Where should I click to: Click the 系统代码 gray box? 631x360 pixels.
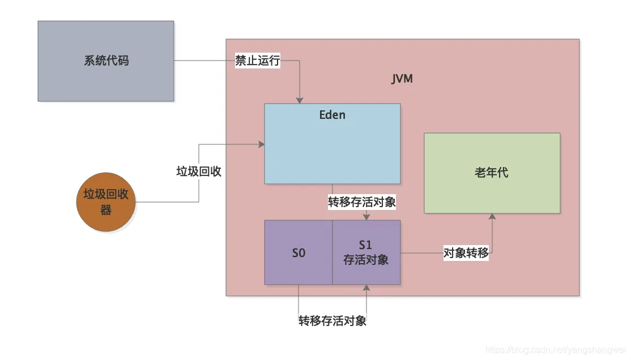(106, 61)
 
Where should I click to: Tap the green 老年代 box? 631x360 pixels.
(492, 173)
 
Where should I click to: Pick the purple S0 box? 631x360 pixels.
(299, 253)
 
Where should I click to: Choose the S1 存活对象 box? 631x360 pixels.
(366, 252)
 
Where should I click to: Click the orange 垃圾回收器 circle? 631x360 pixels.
(106, 203)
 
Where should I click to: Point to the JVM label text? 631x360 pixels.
(402, 79)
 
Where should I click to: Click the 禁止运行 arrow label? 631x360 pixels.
(258, 61)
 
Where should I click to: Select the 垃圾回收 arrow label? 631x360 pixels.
(199, 172)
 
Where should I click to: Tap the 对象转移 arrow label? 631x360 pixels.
(466, 253)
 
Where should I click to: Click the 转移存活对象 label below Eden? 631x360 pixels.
(362, 202)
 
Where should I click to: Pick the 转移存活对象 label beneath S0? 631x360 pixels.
(332, 321)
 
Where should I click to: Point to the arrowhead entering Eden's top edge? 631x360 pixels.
(299, 100)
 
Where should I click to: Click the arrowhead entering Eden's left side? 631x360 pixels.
(262, 144)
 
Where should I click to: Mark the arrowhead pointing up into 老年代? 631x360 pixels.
(492, 217)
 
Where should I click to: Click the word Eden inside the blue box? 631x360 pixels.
(332, 115)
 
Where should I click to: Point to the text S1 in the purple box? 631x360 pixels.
(366, 246)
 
